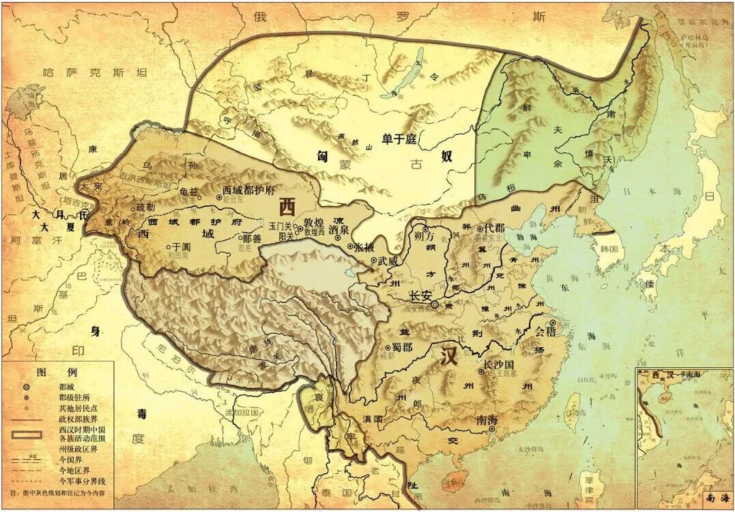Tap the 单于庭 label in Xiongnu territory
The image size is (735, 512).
[x=399, y=139]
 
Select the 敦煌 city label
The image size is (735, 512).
[x=314, y=222]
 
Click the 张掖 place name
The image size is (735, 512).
[x=364, y=246]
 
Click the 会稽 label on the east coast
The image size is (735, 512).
[x=543, y=332]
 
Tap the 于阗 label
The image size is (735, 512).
[x=181, y=246]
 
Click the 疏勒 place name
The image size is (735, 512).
[x=145, y=206]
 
